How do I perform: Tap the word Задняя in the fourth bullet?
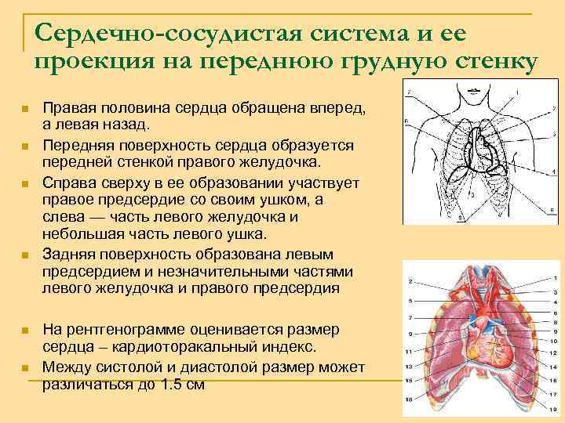[x=67, y=255]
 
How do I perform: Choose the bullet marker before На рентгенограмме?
[x=26, y=329]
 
